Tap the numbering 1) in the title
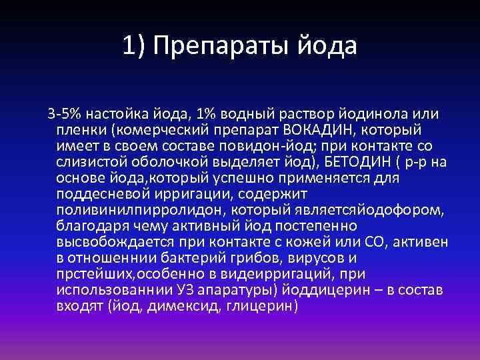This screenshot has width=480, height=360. [x=133, y=46]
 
